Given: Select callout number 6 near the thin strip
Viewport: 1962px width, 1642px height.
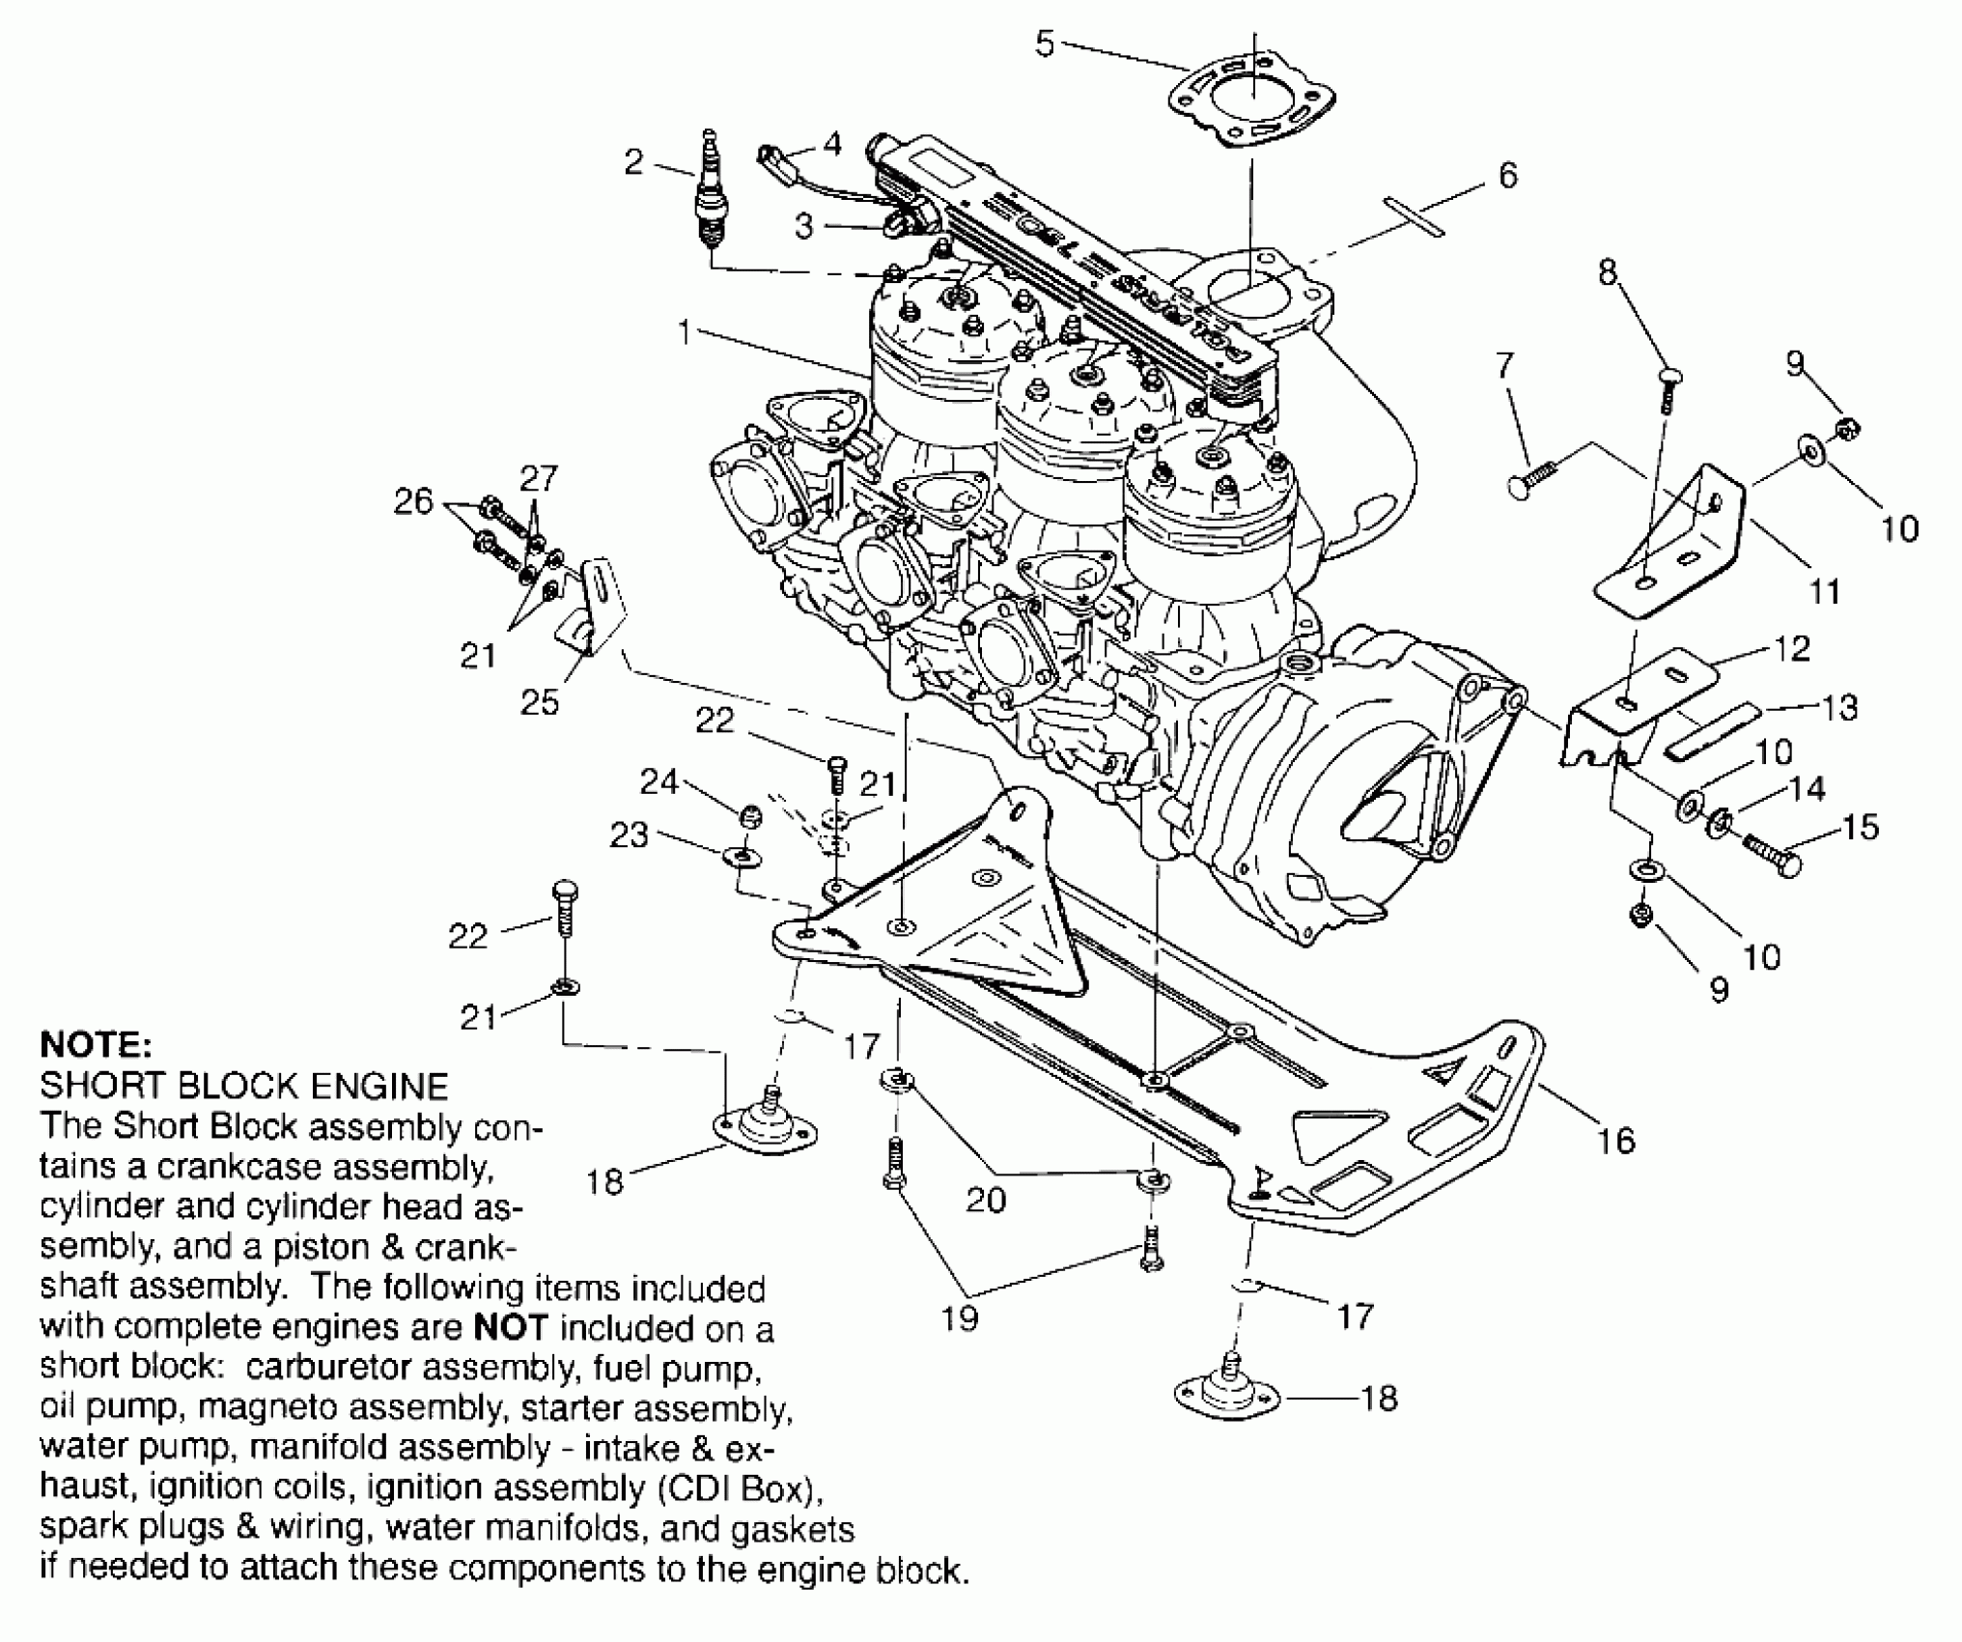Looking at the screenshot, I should click(x=1507, y=175).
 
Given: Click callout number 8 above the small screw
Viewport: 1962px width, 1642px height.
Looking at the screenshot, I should click(x=1607, y=273).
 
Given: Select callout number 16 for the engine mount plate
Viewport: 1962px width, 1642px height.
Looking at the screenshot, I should click(x=1616, y=1141).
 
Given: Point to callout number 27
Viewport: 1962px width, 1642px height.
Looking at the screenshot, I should click(x=539, y=478).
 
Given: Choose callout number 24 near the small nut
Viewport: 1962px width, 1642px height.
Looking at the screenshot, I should click(x=659, y=780).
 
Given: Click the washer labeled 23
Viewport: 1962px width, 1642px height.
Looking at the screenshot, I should click(x=740, y=856).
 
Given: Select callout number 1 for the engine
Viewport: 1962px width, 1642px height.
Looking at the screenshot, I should click(x=685, y=333).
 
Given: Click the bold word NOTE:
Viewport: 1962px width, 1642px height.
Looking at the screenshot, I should click(x=96, y=1045).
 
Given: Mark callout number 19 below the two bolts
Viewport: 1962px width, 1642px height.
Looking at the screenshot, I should click(x=960, y=1317).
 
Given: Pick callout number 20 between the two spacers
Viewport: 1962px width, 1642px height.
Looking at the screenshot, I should click(x=986, y=1200).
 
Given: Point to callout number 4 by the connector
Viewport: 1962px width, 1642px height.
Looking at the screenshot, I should click(x=832, y=145).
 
